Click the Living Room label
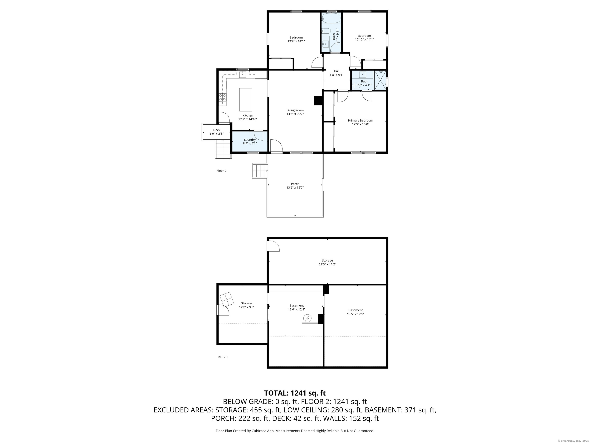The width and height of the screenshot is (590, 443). (295, 110)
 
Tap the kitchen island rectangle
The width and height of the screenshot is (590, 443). (246, 100)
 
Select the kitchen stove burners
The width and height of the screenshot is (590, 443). (223, 97)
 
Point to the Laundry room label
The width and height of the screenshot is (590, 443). (250, 140)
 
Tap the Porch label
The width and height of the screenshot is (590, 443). (295, 184)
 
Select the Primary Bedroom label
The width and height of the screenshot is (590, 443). (360, 120)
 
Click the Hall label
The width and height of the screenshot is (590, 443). (337, 71)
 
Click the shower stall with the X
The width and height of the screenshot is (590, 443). (380, 80)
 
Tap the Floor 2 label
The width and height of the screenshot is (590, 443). (221, 171)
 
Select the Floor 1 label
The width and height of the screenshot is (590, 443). (223, 357)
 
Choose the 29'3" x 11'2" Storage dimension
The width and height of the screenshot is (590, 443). (327, 264)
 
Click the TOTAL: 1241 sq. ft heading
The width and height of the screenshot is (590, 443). (295, 393)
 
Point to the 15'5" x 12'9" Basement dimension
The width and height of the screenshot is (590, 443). (355, 314)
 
